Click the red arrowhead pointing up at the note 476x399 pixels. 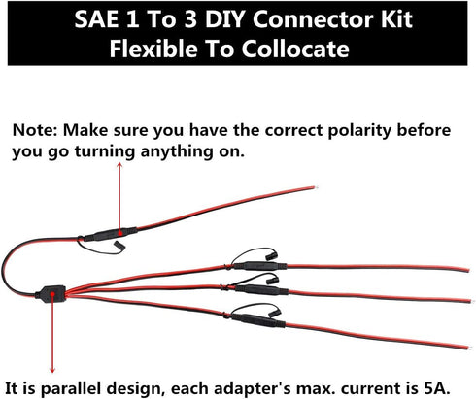pos(119,167)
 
